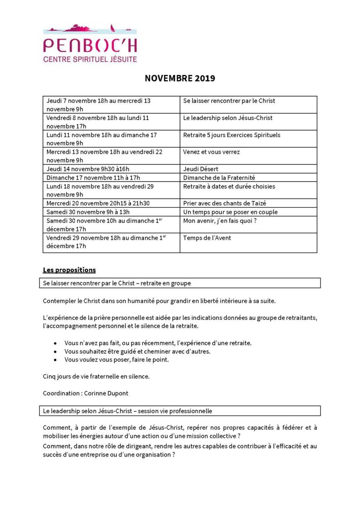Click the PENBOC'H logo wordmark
tap(90, 46)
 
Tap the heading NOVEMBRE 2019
tap(180, 78)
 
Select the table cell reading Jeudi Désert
tap(201, 169)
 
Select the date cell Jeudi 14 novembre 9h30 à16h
tap(85, 169)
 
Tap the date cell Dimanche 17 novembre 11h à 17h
tap(93, 178)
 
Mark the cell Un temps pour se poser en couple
tap(230, 212)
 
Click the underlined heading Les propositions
tap(69, 270)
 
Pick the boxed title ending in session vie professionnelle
tap(127, 411)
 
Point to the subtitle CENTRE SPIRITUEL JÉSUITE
tap(90, 60)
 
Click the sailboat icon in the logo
tap(112, 28)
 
